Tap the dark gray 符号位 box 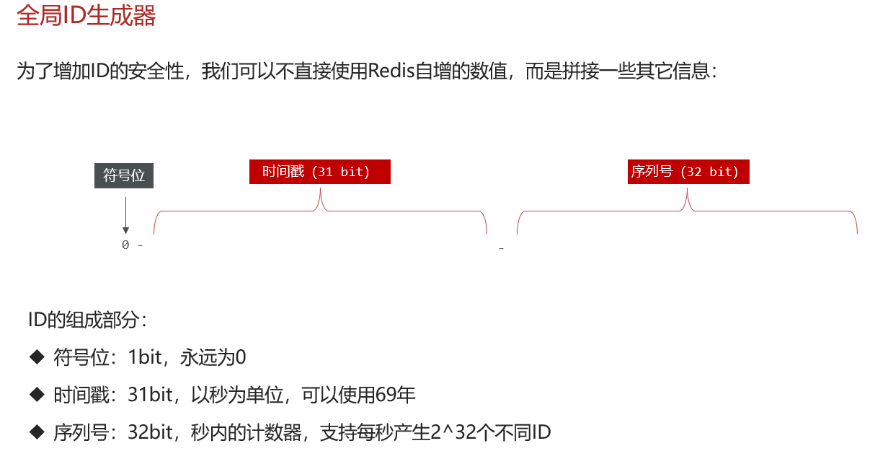(x=124, y=175)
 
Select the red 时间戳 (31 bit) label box (x=319, y=172)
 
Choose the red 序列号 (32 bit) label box (x=688, y=172)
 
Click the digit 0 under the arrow (x=125, y=245)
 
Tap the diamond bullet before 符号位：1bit (x=37, y=356)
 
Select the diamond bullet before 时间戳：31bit (x=37, y=395)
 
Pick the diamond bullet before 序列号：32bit (x=37, y=432)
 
